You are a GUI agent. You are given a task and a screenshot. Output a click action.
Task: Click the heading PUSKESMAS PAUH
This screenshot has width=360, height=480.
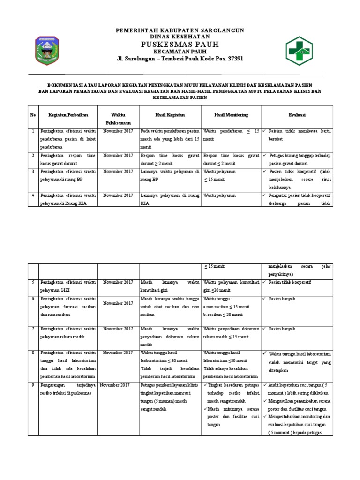point(180,44)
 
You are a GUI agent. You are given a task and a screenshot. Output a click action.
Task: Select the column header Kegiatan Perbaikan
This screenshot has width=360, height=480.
point(68,115)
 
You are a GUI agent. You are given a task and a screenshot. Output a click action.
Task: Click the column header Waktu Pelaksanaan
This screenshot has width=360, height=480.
point(119,118)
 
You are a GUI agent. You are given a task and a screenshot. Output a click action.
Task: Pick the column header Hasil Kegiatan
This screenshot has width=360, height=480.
point(170,115)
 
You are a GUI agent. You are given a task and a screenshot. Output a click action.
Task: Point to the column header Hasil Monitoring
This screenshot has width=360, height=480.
point(231,115)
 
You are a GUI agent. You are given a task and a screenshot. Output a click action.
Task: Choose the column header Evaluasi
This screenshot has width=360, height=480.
point(297,115)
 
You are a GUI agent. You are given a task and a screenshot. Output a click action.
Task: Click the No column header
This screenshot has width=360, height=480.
point(33,115)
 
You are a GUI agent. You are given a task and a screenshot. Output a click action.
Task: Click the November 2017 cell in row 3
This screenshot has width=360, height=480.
point(119,172)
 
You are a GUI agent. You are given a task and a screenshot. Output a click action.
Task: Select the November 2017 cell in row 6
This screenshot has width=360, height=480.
point(119,303)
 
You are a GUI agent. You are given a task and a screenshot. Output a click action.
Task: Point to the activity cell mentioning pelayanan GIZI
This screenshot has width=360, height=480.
point(68,286)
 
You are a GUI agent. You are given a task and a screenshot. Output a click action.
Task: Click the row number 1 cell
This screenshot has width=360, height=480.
point(33,131)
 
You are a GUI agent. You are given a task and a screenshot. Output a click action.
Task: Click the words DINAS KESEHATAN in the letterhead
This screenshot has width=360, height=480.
point(180,36)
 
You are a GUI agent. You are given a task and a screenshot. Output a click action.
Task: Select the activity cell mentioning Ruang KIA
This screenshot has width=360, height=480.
point(68,198)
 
